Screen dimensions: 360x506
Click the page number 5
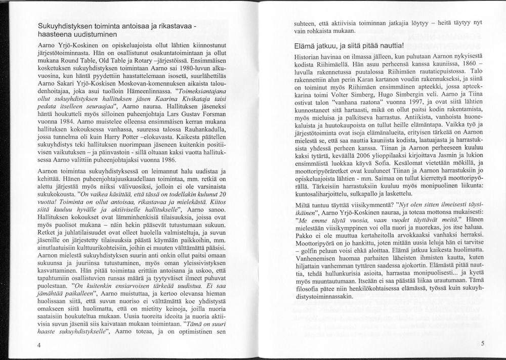click(483, 343)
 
